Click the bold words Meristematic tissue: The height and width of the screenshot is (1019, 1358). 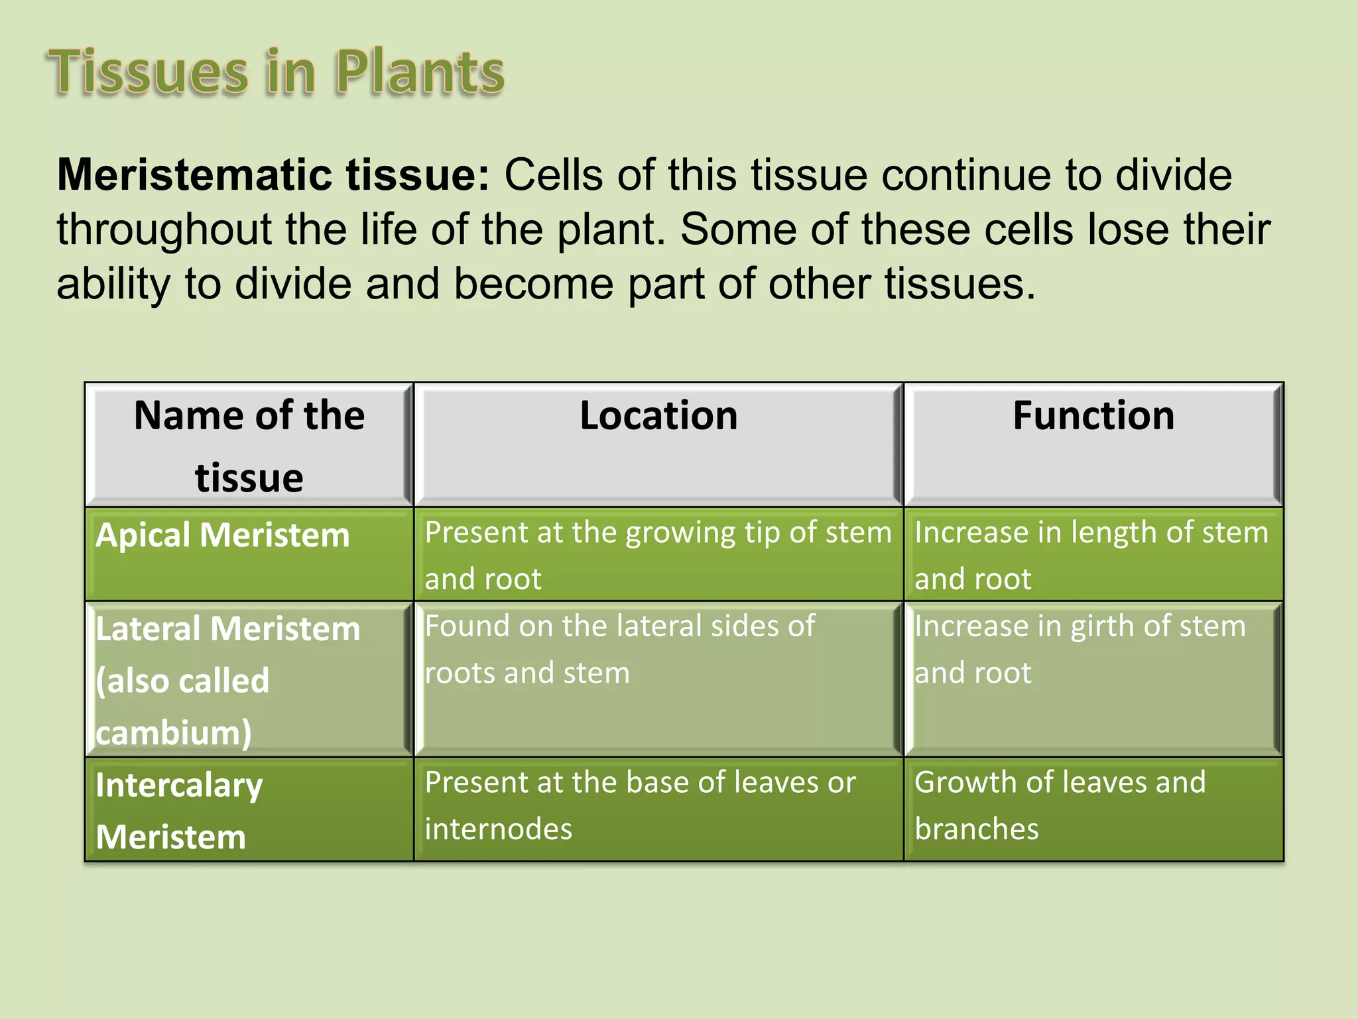point(273,175)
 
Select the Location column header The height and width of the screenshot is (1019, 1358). point(658,416)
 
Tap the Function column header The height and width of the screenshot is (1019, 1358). point(1093,416)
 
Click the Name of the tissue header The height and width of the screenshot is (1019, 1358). point(249,445)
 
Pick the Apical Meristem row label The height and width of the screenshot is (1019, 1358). point(223,535)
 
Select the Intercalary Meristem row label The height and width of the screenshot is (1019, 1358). point(179,811)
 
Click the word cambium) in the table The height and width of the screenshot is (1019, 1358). point(174,733)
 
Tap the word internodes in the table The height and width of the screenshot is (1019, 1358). point(498,829)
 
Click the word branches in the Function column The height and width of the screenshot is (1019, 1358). point(976,829)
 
